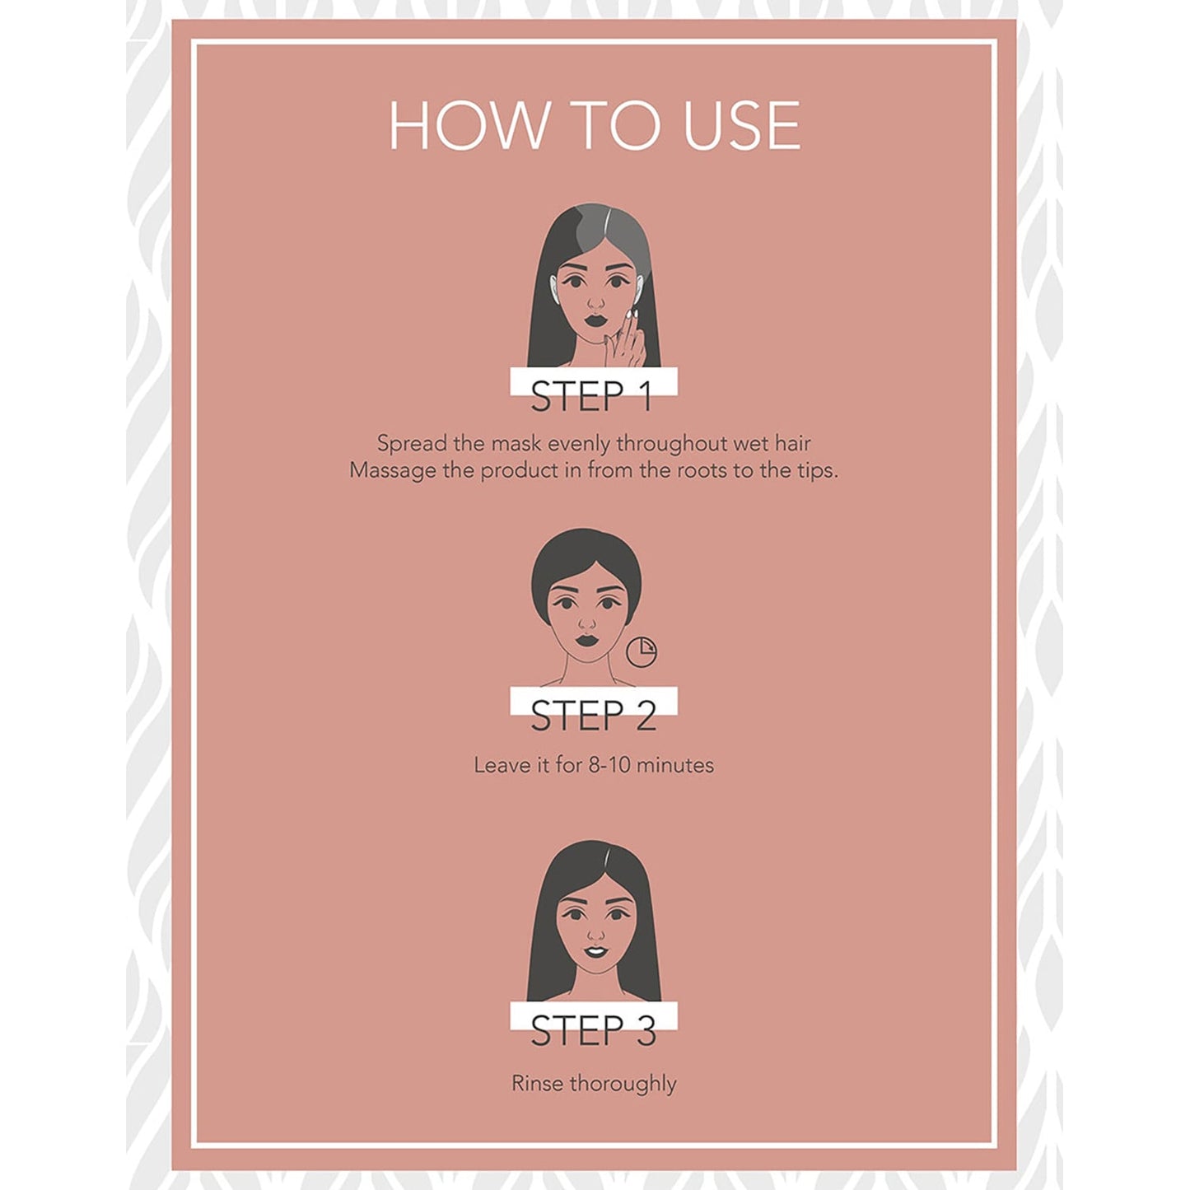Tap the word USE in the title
[741, 126]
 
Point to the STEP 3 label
[593, 1030]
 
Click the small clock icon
[642, 651]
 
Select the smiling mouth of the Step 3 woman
[595, 953]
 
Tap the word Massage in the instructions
[384, 471]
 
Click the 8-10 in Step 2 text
[609, 765]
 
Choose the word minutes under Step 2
[674, 765]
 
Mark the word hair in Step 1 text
[792, 444]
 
